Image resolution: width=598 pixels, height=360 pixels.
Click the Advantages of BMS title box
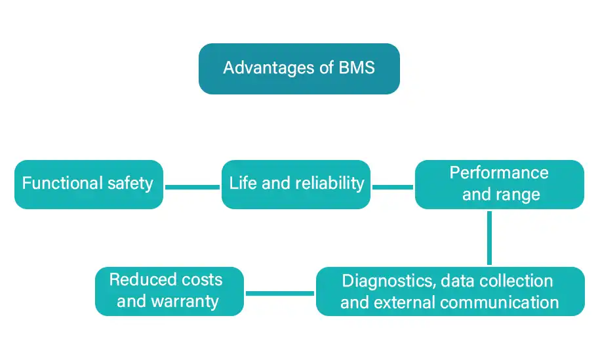pyautogui.click(x=299, y=69)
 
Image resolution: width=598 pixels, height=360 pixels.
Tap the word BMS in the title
pyautogui.click(x=357, y=68)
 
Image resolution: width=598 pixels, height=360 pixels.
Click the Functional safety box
pyautogui.click(x=89, y=184)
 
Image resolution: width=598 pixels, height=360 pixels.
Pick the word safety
pyautogui.click(x=131, y=183)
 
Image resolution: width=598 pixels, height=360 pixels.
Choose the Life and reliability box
pyautogui.click(x=296, y=184)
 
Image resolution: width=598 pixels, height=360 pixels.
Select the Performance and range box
pyautogui.click(x=499, y=184)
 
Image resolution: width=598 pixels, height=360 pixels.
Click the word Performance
pyautogui.click(x=499, y=173)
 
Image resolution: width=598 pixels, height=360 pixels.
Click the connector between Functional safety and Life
pyautogui.click(x=191, y=187)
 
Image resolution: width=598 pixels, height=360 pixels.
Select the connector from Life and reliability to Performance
pyautogui.click(x=392, y=187)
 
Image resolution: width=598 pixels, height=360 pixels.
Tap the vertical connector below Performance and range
pyautogui.click(x=489, y=237)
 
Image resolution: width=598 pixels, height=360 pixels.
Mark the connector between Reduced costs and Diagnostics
pyautogui.click(x=279, y=292)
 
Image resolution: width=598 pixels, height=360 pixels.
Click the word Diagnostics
pyautogui.click(x=387, y=281)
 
